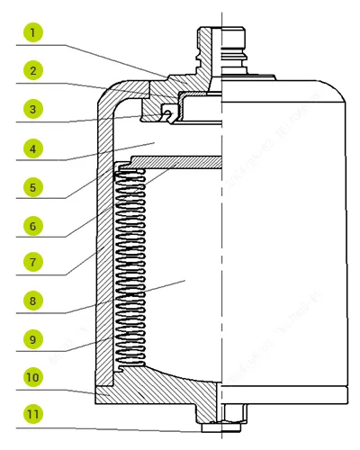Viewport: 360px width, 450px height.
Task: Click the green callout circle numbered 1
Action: (32, 33)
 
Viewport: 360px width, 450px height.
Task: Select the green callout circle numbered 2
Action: (32, 71)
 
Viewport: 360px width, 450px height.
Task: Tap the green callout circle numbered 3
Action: (32, 110)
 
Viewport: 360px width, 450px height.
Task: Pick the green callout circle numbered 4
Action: (32, 148)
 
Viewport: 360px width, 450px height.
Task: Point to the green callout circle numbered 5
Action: (32, 187)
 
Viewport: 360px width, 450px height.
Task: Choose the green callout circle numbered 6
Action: (32, 225)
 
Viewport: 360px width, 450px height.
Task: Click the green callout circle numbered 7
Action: (32, 263)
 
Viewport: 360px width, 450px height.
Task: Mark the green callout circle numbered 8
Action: (32, 301)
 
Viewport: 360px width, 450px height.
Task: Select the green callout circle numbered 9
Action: (32, 340)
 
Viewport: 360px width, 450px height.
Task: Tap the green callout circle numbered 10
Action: (32, 378)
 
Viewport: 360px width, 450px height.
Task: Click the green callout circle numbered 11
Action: (32, 416)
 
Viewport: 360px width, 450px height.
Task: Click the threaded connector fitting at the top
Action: (220, 45)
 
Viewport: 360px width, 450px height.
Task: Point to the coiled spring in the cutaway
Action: (132, 270)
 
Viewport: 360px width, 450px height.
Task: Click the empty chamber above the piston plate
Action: (171, 139)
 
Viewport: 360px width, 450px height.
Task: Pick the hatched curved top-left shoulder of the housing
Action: (112, 99)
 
